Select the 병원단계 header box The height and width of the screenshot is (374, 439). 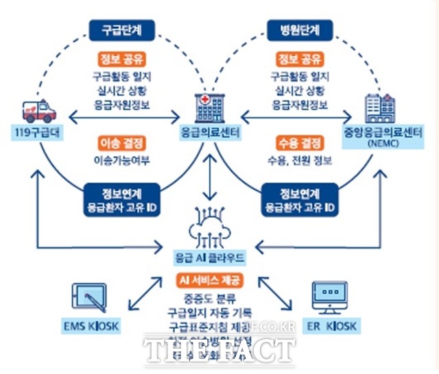point(299,29)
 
